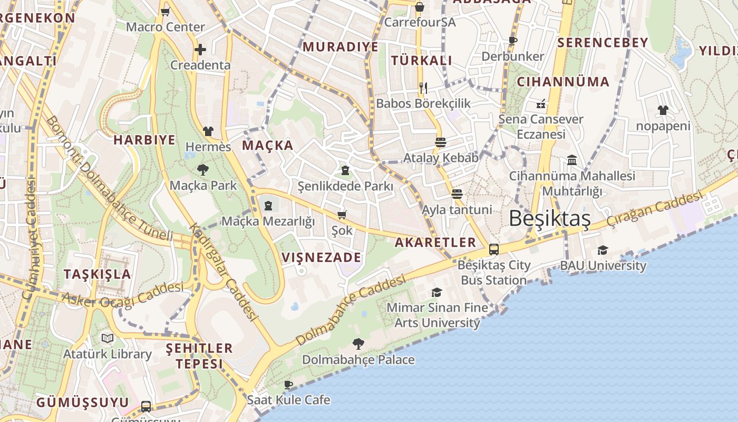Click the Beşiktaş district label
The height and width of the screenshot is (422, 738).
point(550,218)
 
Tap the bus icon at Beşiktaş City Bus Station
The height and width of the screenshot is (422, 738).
point(494,250)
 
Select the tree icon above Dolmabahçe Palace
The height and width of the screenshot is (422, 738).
point(358,344)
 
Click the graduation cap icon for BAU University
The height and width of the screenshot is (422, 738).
point(603,250)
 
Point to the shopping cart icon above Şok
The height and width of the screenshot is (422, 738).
point(342,215)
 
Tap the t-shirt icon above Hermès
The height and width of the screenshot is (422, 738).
point(208,131)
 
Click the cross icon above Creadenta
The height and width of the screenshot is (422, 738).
point(200,50)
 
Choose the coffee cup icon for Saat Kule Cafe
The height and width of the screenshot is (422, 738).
point(288,385)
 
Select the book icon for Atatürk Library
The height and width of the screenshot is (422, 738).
point(108,338)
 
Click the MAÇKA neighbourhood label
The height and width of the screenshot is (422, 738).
point(267,146)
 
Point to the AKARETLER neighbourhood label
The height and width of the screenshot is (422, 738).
point(435,242)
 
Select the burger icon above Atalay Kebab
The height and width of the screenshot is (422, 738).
point(441,142)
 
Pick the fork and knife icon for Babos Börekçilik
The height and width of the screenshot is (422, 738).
point(423,88)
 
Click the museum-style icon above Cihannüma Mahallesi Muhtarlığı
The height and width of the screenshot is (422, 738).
point(572,160)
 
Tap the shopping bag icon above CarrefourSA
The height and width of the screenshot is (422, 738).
point(420,7)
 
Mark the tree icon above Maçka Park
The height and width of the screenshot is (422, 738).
point(202,170)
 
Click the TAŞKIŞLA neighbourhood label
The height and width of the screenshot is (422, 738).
point(97,274)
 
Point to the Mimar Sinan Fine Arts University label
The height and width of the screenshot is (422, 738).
point(438,315)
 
